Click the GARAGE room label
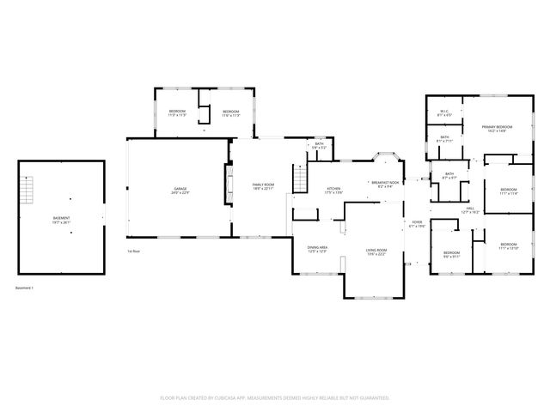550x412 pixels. tap(180, 188)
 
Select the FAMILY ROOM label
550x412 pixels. tap(263, 185)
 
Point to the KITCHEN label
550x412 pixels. tap(333, 189)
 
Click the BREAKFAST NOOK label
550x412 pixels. tap(387, 182)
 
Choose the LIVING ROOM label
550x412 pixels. tap(376, 250)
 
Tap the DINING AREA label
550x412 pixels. tap(318, 248)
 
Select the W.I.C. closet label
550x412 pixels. tap(444, 112)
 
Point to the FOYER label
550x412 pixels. tap(418, 222)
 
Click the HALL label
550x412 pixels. tap(470, 208)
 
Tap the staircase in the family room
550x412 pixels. tap(300, 179)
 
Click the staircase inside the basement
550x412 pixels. tap(28, 188)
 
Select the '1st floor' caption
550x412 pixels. tap(133, 251)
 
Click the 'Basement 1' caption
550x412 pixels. tap(25, 288)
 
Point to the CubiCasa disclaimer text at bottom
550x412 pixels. tap(275, 397)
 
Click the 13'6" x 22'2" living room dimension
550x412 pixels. tap(376, 254)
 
